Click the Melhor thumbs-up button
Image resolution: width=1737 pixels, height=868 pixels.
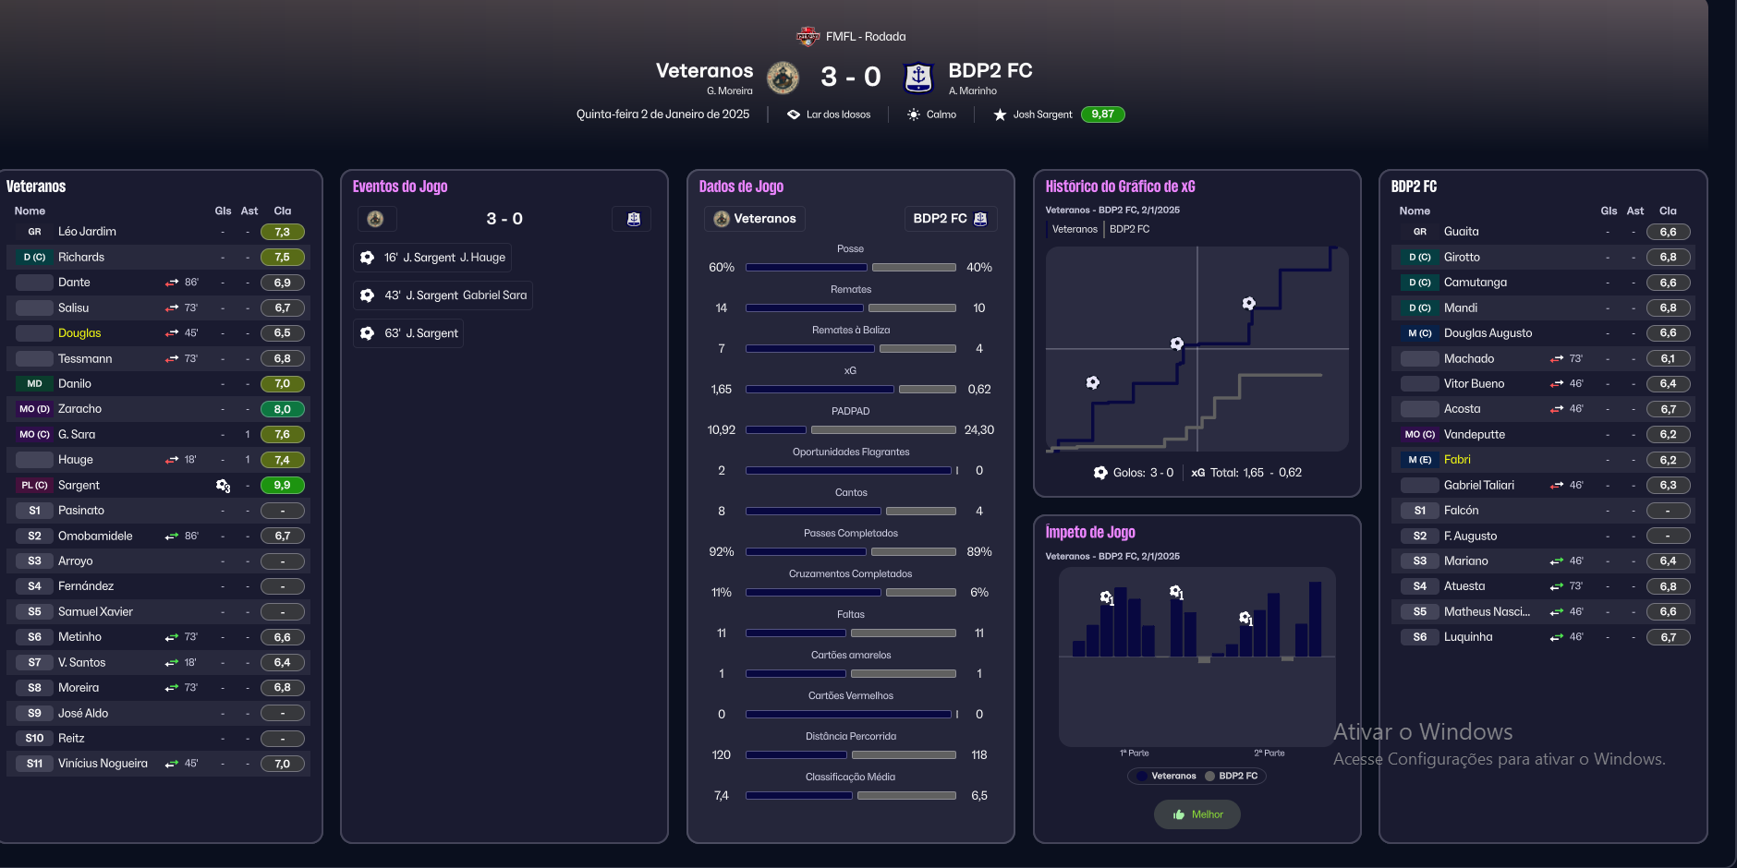click(x=1197, y=814)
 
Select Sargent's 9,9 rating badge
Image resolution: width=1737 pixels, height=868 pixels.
click(x=282, y=485)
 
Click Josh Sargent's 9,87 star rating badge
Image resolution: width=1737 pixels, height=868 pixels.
click(x=1102, y=115)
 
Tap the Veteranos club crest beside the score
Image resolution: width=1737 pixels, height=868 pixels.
click(x=783, y=78)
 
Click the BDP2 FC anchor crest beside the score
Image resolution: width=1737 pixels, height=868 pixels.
click(x=917, y=78)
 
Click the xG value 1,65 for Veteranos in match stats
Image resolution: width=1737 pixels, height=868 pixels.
click(x=722, y=390)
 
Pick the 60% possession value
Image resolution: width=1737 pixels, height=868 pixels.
click(x=722, y=268)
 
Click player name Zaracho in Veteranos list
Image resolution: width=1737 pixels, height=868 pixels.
click(x=79, y=409)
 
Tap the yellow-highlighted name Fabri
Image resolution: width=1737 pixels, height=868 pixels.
click(x=1457, y=460)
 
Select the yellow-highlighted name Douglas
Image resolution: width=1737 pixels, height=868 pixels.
click(x=79, y=333)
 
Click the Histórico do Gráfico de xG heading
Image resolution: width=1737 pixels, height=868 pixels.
click(x=1120, y=187)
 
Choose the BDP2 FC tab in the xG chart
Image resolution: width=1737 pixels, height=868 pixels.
click(x=1129, y=229)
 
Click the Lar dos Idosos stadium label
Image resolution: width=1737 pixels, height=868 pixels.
click(x=837, y=115)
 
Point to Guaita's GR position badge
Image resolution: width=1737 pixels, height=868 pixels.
click(x=1419, y=232)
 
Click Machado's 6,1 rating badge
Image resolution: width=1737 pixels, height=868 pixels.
click(x=1668, y=358)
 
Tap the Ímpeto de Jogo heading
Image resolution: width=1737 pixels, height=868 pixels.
click(x=1090, y=532)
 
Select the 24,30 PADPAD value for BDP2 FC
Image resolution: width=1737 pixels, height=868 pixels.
click(x=978, y=430)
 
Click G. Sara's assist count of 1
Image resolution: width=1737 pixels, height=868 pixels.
click(x=248, y=434)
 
